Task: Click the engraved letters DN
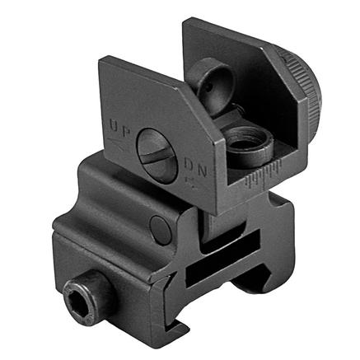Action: (x=195, y=167)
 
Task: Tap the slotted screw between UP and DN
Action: (x=157, y=156)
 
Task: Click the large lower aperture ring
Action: (x=249, y=145)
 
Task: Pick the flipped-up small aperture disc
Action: (x=211, y=83)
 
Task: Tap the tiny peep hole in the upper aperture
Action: (x=209, y=88)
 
